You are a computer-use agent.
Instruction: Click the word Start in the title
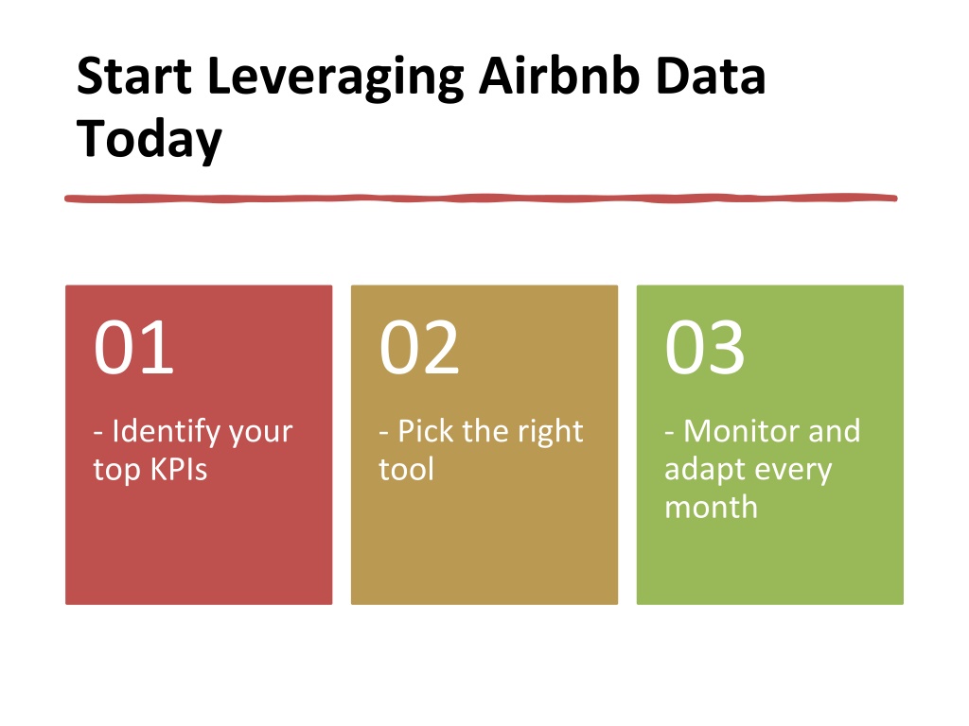pyautogui.click(x=134, y=77)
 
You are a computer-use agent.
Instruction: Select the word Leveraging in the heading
pyautogui.click(x=336, y=79)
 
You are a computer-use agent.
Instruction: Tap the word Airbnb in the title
pyautogui.click(x=559, y=76)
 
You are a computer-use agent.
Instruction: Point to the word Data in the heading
pyautogui.click(x=711, y=77)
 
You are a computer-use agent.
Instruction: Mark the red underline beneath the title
pyautogui.click(x=481, y=199)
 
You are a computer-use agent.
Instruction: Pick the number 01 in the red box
pyautogui.click(x=133, y=347)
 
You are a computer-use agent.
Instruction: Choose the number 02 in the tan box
pyautogui.click(x=419, y=347)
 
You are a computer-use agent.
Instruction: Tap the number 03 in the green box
pyautogui.click(x=704, y=347)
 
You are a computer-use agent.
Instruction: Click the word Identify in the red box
pyautogui.click(x=167, y=432)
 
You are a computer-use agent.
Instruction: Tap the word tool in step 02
pyautogui.click(x=406, y=469)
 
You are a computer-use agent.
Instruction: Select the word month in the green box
pyautogui.click(x=711, y=508)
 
